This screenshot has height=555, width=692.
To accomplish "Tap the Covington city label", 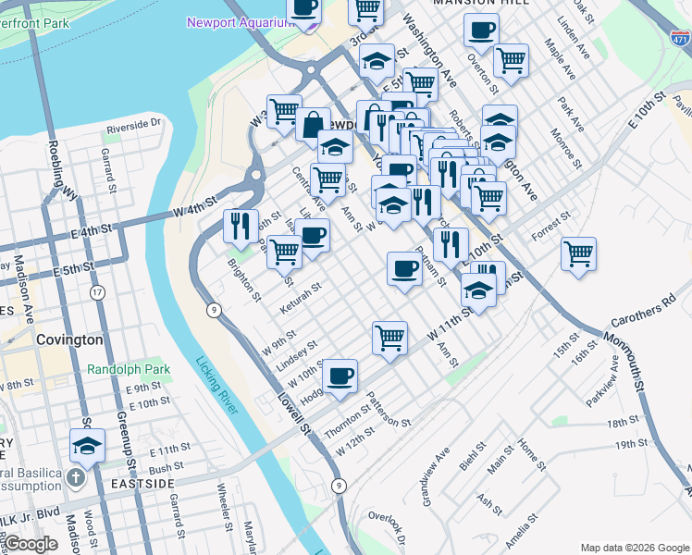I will (x=69, y=339).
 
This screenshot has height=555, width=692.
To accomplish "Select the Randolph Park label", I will (x=129, y=369).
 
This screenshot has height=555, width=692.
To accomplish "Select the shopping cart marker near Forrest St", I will (x=579, y=252).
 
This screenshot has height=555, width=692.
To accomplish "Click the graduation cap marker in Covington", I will (x=87, y=445).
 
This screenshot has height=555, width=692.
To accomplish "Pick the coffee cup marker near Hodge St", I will (x=340, y=376).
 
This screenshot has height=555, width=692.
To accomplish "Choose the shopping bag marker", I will (x=314, y=124).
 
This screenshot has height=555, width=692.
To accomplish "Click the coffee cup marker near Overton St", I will (x=481, y=30).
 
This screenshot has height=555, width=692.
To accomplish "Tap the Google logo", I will (x=31, y=544).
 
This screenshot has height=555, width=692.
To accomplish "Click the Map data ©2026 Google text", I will (x=634, y=547).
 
